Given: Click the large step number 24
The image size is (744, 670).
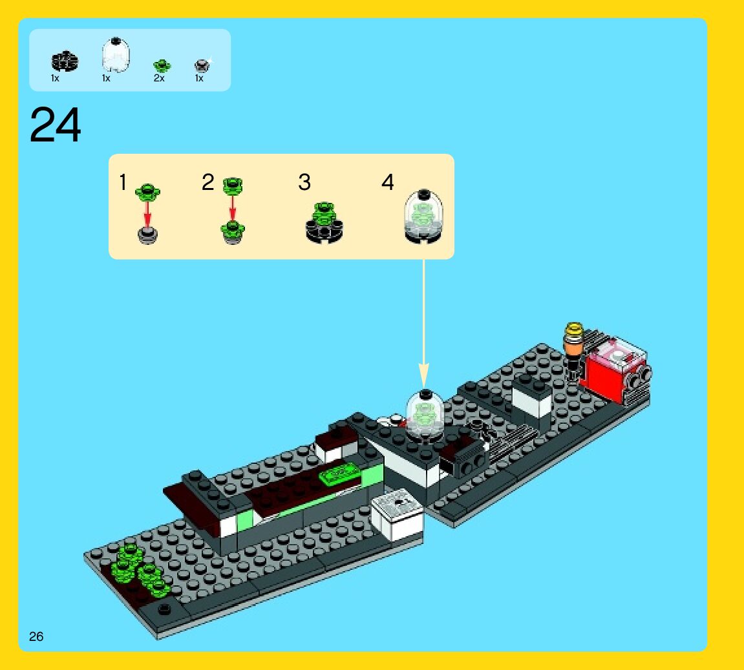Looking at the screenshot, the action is tap(56, 125).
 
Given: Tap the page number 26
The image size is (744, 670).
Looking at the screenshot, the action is tap(36, 636).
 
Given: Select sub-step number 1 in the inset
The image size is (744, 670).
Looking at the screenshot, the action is tap(123, 183).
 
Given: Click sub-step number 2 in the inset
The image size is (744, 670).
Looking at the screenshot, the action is tap(207, 183).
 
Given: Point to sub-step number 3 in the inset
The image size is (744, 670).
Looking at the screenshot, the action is tap(304, 183).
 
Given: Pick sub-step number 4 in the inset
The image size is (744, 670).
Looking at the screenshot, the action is tap(387, 183).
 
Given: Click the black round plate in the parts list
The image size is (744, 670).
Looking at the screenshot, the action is tap(65, 61).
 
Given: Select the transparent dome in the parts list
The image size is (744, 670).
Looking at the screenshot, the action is tap(116, 55).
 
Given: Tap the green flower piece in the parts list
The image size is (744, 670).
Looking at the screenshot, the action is tap(162, 65).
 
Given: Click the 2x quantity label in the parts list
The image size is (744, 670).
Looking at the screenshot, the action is tap(159, 78).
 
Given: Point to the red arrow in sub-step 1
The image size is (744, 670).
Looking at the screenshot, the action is tap(147, 211).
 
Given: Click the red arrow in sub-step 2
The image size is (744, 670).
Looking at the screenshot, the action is tap(233, 208).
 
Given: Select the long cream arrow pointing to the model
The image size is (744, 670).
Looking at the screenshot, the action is tap(423, 323).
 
